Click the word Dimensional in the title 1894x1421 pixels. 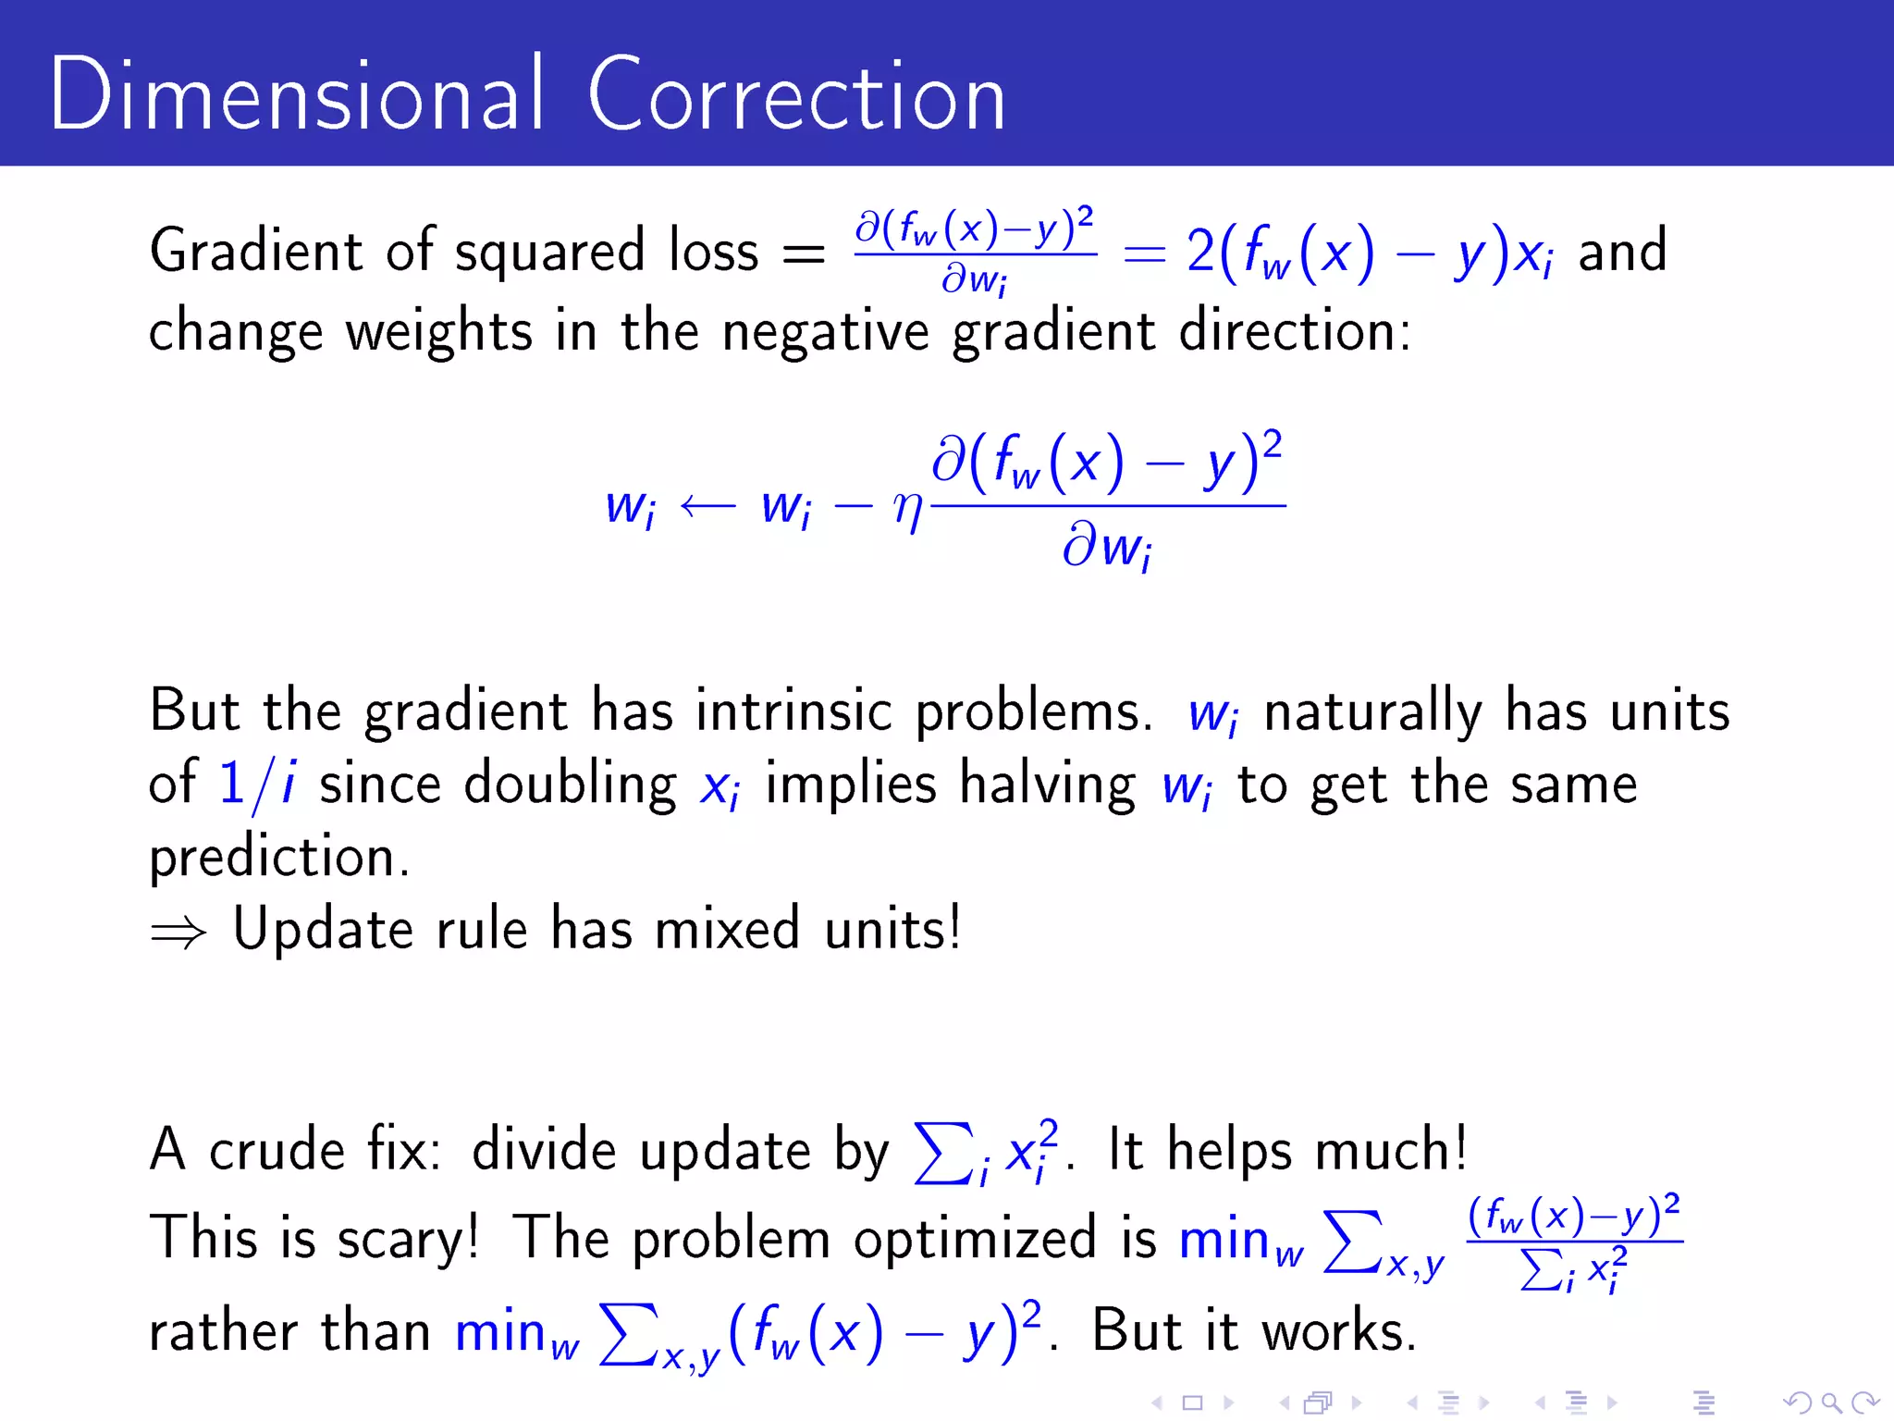295,94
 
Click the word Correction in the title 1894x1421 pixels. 796,96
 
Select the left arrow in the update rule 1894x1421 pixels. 707,506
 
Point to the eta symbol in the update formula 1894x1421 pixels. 908,508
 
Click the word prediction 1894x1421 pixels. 278,857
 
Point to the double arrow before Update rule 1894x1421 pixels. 178,933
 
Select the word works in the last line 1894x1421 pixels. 1339,1332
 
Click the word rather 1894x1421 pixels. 223,1332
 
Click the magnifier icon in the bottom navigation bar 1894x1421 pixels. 1830,1403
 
